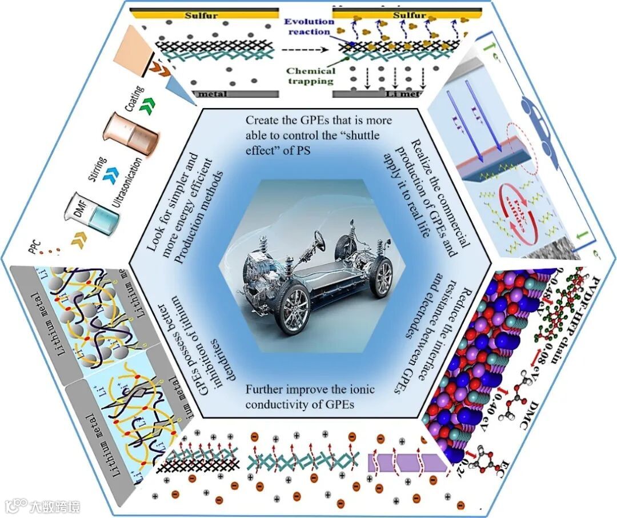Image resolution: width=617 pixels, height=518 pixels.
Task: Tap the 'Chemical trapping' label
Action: point(310,76)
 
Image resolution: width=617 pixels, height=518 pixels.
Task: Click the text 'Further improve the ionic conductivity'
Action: point(310,395)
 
